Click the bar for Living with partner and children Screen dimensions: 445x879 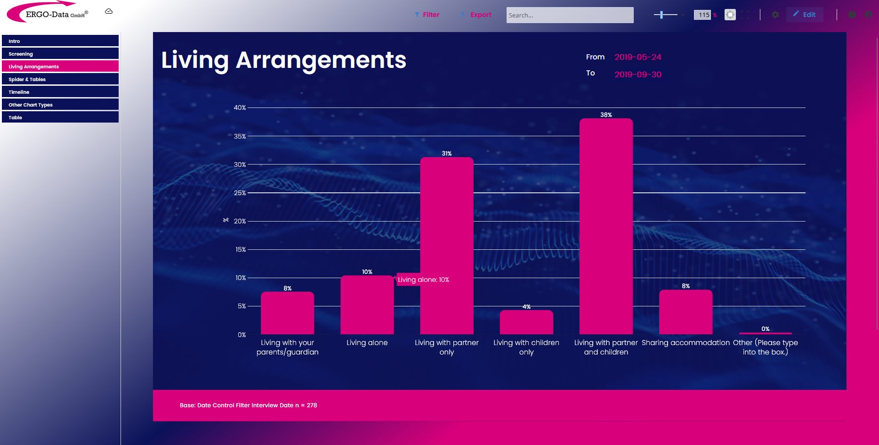pyautogui.click(x=606, y=226)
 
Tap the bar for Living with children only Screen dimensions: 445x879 pyautogui.click(x=526, y=322)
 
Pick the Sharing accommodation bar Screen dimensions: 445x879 pyautogui.click(x=685, y=312)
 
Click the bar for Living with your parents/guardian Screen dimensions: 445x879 pyautogui.click(x=287, y=313)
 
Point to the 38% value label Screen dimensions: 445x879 pyautogui.click(x=606, y=115)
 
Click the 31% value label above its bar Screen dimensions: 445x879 pyautogui.click(x=446, y=154)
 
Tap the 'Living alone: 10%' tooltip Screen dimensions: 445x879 pyautogui.click(x=423, y=280)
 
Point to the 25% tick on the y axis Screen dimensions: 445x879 pyautogui.click(x=240, y=193)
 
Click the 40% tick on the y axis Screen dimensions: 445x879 pyautogui.click(x=240, y=107)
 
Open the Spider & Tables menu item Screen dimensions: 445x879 pyautogui.click(x=60, y=79)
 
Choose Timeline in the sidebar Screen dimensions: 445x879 pyautogui.click(x=60, y=92)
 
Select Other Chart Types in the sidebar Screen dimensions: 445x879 pyautogui.click(x=60, y=105)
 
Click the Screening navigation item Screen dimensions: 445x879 pyautogui.click(x=60, y=54)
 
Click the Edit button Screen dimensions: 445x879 pyautogui.click(x=805, y=15)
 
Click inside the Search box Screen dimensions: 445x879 pyautogui.click(x=570, y=15)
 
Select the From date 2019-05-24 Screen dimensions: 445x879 pyautogui.click(x=637, y=57)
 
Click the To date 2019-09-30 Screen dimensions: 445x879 pyautogui.click(x=637, y=74)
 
